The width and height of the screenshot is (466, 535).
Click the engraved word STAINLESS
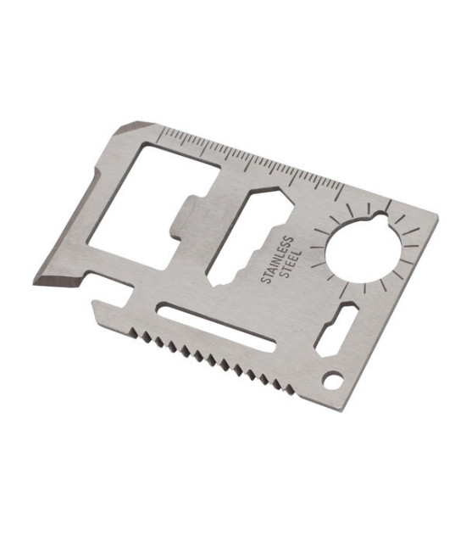pyautogui.click(x=277, y=259)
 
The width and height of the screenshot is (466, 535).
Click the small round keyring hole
pyautogui.click(x=333, y=381)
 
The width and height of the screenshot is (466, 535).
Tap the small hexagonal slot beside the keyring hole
pyautogui.click(x=336, y=331)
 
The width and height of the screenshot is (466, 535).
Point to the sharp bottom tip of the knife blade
pyautogui.click(x=34, y=283)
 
